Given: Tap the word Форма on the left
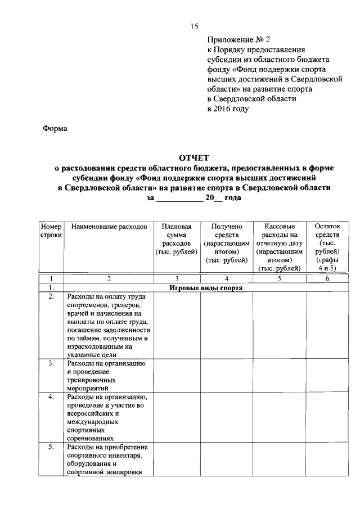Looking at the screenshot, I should [x=55, y=129].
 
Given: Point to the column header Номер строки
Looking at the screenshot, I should [x=51, y=231].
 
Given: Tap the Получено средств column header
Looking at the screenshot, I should [x=227, y=243].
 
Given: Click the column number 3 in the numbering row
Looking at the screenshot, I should [x=177, y=278].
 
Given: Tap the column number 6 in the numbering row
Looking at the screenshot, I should [x=327, y=278].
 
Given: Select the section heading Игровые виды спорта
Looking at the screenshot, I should [x=206, y=288].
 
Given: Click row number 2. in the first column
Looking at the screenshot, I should [x=51, y=296].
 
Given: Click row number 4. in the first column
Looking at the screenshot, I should [x=51, y=397].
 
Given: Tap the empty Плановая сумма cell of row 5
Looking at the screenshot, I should [x=177, y=460].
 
